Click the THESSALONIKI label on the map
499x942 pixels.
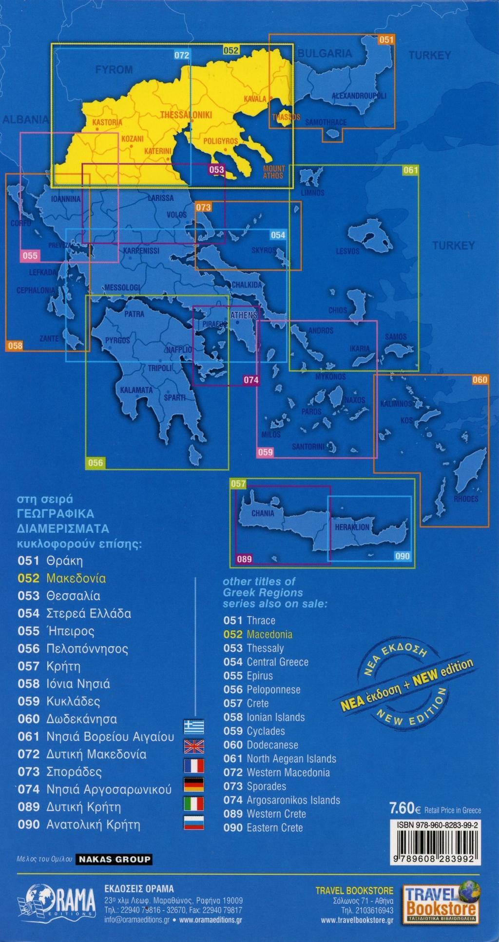pyautogui.click(x=186, y=115)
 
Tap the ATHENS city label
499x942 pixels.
pyautogui.click(x=243, y=315)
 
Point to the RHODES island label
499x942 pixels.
pyautogui.click(x=466, y=499)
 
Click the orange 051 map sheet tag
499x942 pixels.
pyautogui.click(x=385, y=40)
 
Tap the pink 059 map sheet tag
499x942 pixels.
pyautogui.click(x=266, y=452)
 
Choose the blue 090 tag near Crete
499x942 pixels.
pyautogui.click(x=403, y=556)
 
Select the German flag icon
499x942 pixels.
pyautogui.click(x=193, y=784)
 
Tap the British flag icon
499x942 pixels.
pyautogui.click(x=193, y=746)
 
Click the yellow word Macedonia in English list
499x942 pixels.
pyautogui.click(x=269, y=634)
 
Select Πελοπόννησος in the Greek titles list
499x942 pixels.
pyautogui.click(x=87, y=649)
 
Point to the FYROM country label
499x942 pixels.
pyautogui.click(x=114, y=70)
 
